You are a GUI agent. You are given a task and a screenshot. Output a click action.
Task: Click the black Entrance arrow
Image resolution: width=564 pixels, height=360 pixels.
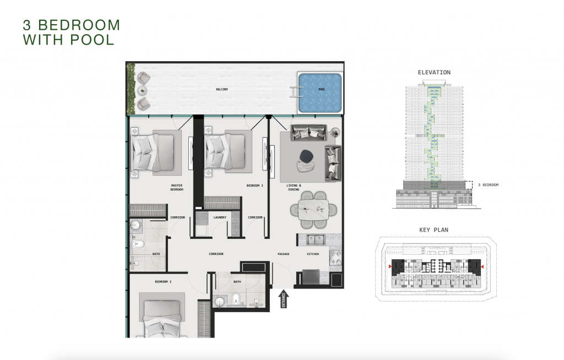284,298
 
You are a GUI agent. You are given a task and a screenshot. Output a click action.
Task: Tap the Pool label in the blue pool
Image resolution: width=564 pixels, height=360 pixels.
322,89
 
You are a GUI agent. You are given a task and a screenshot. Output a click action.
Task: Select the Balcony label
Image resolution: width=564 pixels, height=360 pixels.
222,89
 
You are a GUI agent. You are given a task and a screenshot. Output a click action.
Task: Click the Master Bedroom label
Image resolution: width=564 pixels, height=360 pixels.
177,187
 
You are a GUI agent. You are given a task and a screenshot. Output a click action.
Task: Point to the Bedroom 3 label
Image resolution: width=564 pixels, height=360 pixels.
254,186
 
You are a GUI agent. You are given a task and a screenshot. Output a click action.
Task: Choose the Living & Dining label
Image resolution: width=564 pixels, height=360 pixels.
294,187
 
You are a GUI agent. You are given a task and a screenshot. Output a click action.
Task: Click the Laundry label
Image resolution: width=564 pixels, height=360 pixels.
220,217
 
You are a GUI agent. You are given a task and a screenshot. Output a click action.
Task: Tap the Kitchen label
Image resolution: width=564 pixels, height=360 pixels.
313,254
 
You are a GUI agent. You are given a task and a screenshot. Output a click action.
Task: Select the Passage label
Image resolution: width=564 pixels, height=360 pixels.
284,254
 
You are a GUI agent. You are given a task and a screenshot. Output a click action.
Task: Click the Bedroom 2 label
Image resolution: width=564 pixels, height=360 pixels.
163,282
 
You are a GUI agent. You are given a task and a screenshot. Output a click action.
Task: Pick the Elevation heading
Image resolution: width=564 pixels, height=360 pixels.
434,72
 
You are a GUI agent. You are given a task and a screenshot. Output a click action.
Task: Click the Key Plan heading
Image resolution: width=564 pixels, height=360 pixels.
434,230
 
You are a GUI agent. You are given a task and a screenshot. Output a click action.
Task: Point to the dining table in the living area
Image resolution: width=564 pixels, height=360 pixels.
313,210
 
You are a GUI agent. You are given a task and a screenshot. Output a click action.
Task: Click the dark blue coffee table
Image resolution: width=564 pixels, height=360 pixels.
306,155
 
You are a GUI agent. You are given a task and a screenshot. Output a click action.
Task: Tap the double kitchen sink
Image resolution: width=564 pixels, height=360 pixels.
315,239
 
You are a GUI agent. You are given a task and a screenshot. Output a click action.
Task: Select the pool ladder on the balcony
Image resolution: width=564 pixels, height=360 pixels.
296,92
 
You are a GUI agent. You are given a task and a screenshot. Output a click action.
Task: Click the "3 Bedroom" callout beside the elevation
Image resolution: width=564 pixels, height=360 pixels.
488,185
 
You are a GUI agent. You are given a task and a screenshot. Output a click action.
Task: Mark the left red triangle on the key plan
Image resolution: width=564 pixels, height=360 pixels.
391,266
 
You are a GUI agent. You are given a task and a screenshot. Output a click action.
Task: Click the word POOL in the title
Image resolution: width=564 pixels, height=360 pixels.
92,40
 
